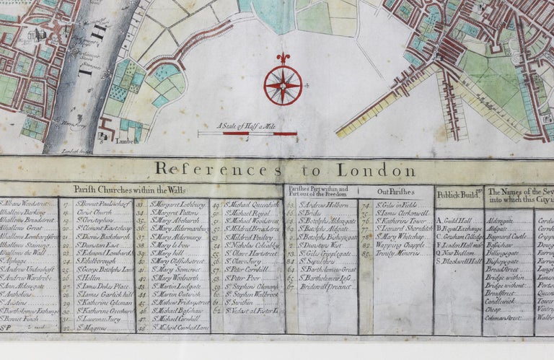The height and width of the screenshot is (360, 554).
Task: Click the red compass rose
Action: pyautogui.click(x=283, y=85)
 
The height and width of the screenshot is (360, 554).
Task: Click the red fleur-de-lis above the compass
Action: pyautogui.click(x=283, y=58)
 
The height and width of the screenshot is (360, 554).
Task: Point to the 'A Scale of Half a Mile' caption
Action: pyautogui.click(x=247, y=125)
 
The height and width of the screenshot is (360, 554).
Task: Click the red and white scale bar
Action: pyautogui.click(x=247, y=133)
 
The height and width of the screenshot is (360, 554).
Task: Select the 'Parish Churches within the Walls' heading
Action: pyautogui.click(x=129, y=189)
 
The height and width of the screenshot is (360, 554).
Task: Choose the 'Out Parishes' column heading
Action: pyautogui.click(x=396, y=192)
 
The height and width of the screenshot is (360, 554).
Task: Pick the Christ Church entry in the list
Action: pyautogui.click(x=94, y=214)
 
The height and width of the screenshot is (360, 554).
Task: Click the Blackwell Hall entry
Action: pyautogui.click(x=459, y=261)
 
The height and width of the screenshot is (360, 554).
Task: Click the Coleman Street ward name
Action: pyautogui.click(x=504, y=317)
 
